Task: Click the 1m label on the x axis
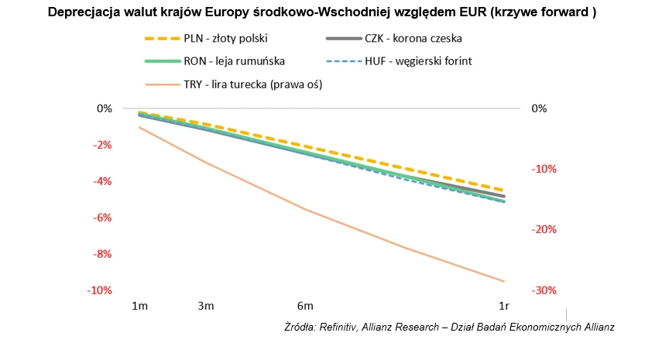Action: click(x=139, y=307)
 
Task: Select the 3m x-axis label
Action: click(x=205, y=307)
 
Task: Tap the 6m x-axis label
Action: click(x=304, y=307)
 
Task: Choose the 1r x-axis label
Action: click(x=503, y=307)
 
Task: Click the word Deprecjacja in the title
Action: click(x=84, y=13)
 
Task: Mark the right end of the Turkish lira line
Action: click(x=504, y=281)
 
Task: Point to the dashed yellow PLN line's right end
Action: click(x=504, y=190)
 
